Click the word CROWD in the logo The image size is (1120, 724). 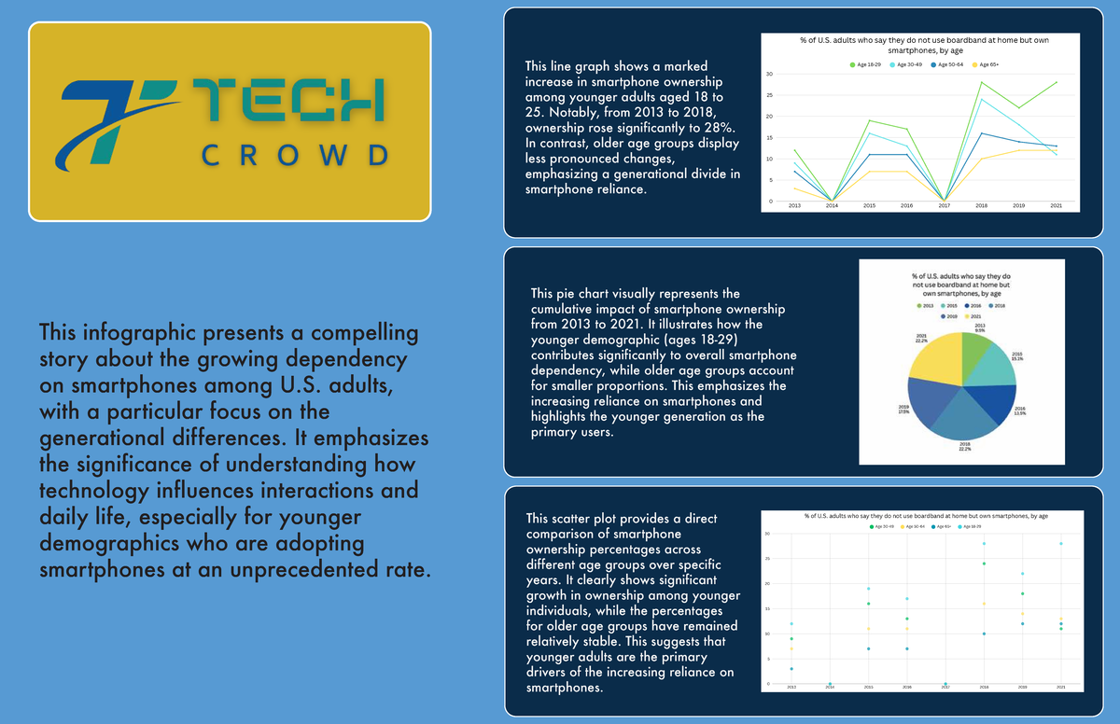coord(295,155)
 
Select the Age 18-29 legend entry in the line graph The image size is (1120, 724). coord(867,63)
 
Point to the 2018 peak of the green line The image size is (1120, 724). coord(981,83)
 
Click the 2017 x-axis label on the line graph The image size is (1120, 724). coord(944,206)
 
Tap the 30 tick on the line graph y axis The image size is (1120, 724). coord(769,74)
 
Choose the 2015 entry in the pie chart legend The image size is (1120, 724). coord(950,305)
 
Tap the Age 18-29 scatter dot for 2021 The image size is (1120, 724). coord(1060,543)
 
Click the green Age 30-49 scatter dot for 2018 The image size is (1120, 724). coord(984,564)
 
